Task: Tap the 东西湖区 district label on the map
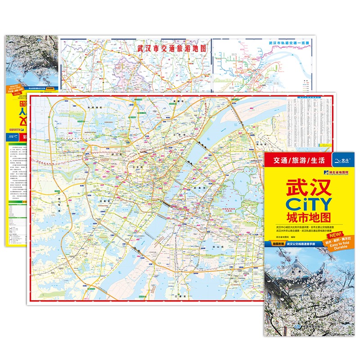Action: (95, 107)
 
